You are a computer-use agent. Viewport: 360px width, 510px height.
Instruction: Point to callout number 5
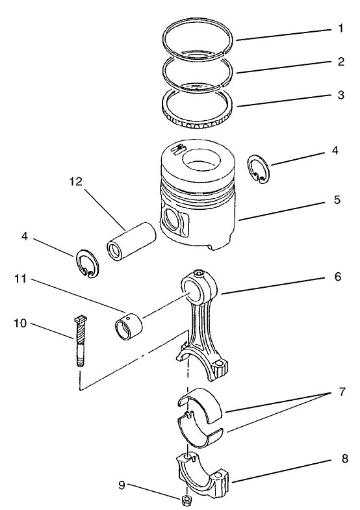337,200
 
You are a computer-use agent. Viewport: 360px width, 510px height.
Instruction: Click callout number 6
337,277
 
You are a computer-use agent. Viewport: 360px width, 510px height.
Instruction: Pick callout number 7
342,392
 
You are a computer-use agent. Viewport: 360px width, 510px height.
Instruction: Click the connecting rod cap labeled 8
203,473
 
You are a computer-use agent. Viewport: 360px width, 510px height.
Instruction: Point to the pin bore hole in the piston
172,220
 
